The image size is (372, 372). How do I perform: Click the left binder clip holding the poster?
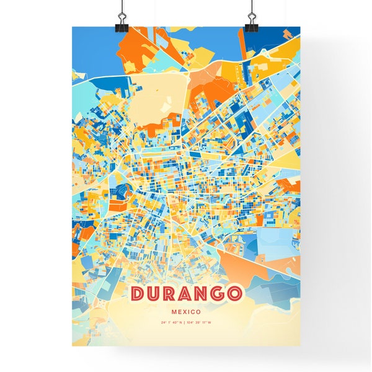[120, 25]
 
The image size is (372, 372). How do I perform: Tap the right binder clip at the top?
[251, 25]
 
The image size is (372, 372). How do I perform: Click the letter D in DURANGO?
[139, 293]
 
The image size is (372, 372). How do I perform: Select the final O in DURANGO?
[234, 293]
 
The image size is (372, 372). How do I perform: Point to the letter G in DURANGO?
[218, 293]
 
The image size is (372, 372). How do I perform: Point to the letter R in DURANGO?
[170, 293]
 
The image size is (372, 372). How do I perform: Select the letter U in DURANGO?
[154, 293]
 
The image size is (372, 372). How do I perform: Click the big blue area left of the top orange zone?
[90, 46]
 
